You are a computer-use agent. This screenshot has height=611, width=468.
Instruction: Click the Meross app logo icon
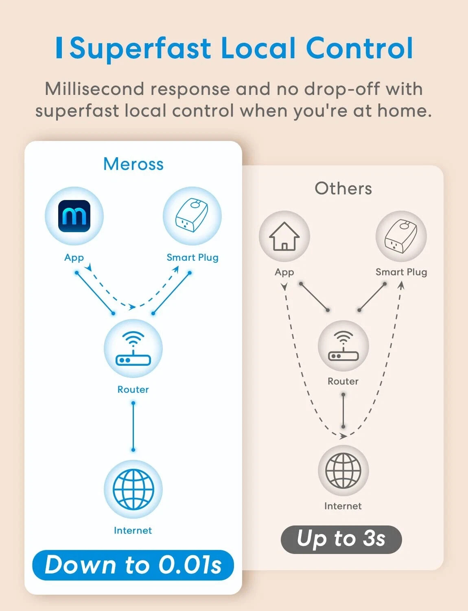tap(74, 216)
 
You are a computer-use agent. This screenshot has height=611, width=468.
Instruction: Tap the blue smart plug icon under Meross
tap(192, 216)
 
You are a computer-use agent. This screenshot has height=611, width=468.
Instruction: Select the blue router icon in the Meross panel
tap(133, 349)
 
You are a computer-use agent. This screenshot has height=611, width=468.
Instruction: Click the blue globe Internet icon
tap(133, 489)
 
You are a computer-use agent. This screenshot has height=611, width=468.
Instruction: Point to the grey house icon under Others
tap(284, 236)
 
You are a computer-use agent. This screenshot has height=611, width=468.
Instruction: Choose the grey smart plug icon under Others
tap(401, 236)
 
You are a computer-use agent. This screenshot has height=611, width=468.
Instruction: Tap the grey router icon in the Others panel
tap(343, 346)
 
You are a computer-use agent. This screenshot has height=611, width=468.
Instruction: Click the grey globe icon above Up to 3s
tap(343, 470)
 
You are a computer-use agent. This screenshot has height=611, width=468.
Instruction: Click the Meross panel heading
tap(133, 164)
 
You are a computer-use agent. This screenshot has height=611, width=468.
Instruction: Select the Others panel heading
tap(343, 189)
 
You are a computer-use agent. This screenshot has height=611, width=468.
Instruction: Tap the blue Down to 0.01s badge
tap(133, 565)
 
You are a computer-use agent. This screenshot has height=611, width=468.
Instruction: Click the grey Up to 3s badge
tap(341, 539)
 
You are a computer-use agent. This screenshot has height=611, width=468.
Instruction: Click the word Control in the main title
tap(359, 48)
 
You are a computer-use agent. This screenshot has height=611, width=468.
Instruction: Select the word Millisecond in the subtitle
tap(94, 89)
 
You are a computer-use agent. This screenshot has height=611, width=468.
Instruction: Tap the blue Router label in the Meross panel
tap(133, 390)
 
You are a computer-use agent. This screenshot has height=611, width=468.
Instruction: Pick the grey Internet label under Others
tap(343, 506)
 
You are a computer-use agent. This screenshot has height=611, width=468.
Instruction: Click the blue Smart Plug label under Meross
tap(192, 258)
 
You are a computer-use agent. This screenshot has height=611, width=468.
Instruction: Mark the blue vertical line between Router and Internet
tap(133, 426)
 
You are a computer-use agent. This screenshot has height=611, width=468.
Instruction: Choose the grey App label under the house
tap(284, 272)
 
